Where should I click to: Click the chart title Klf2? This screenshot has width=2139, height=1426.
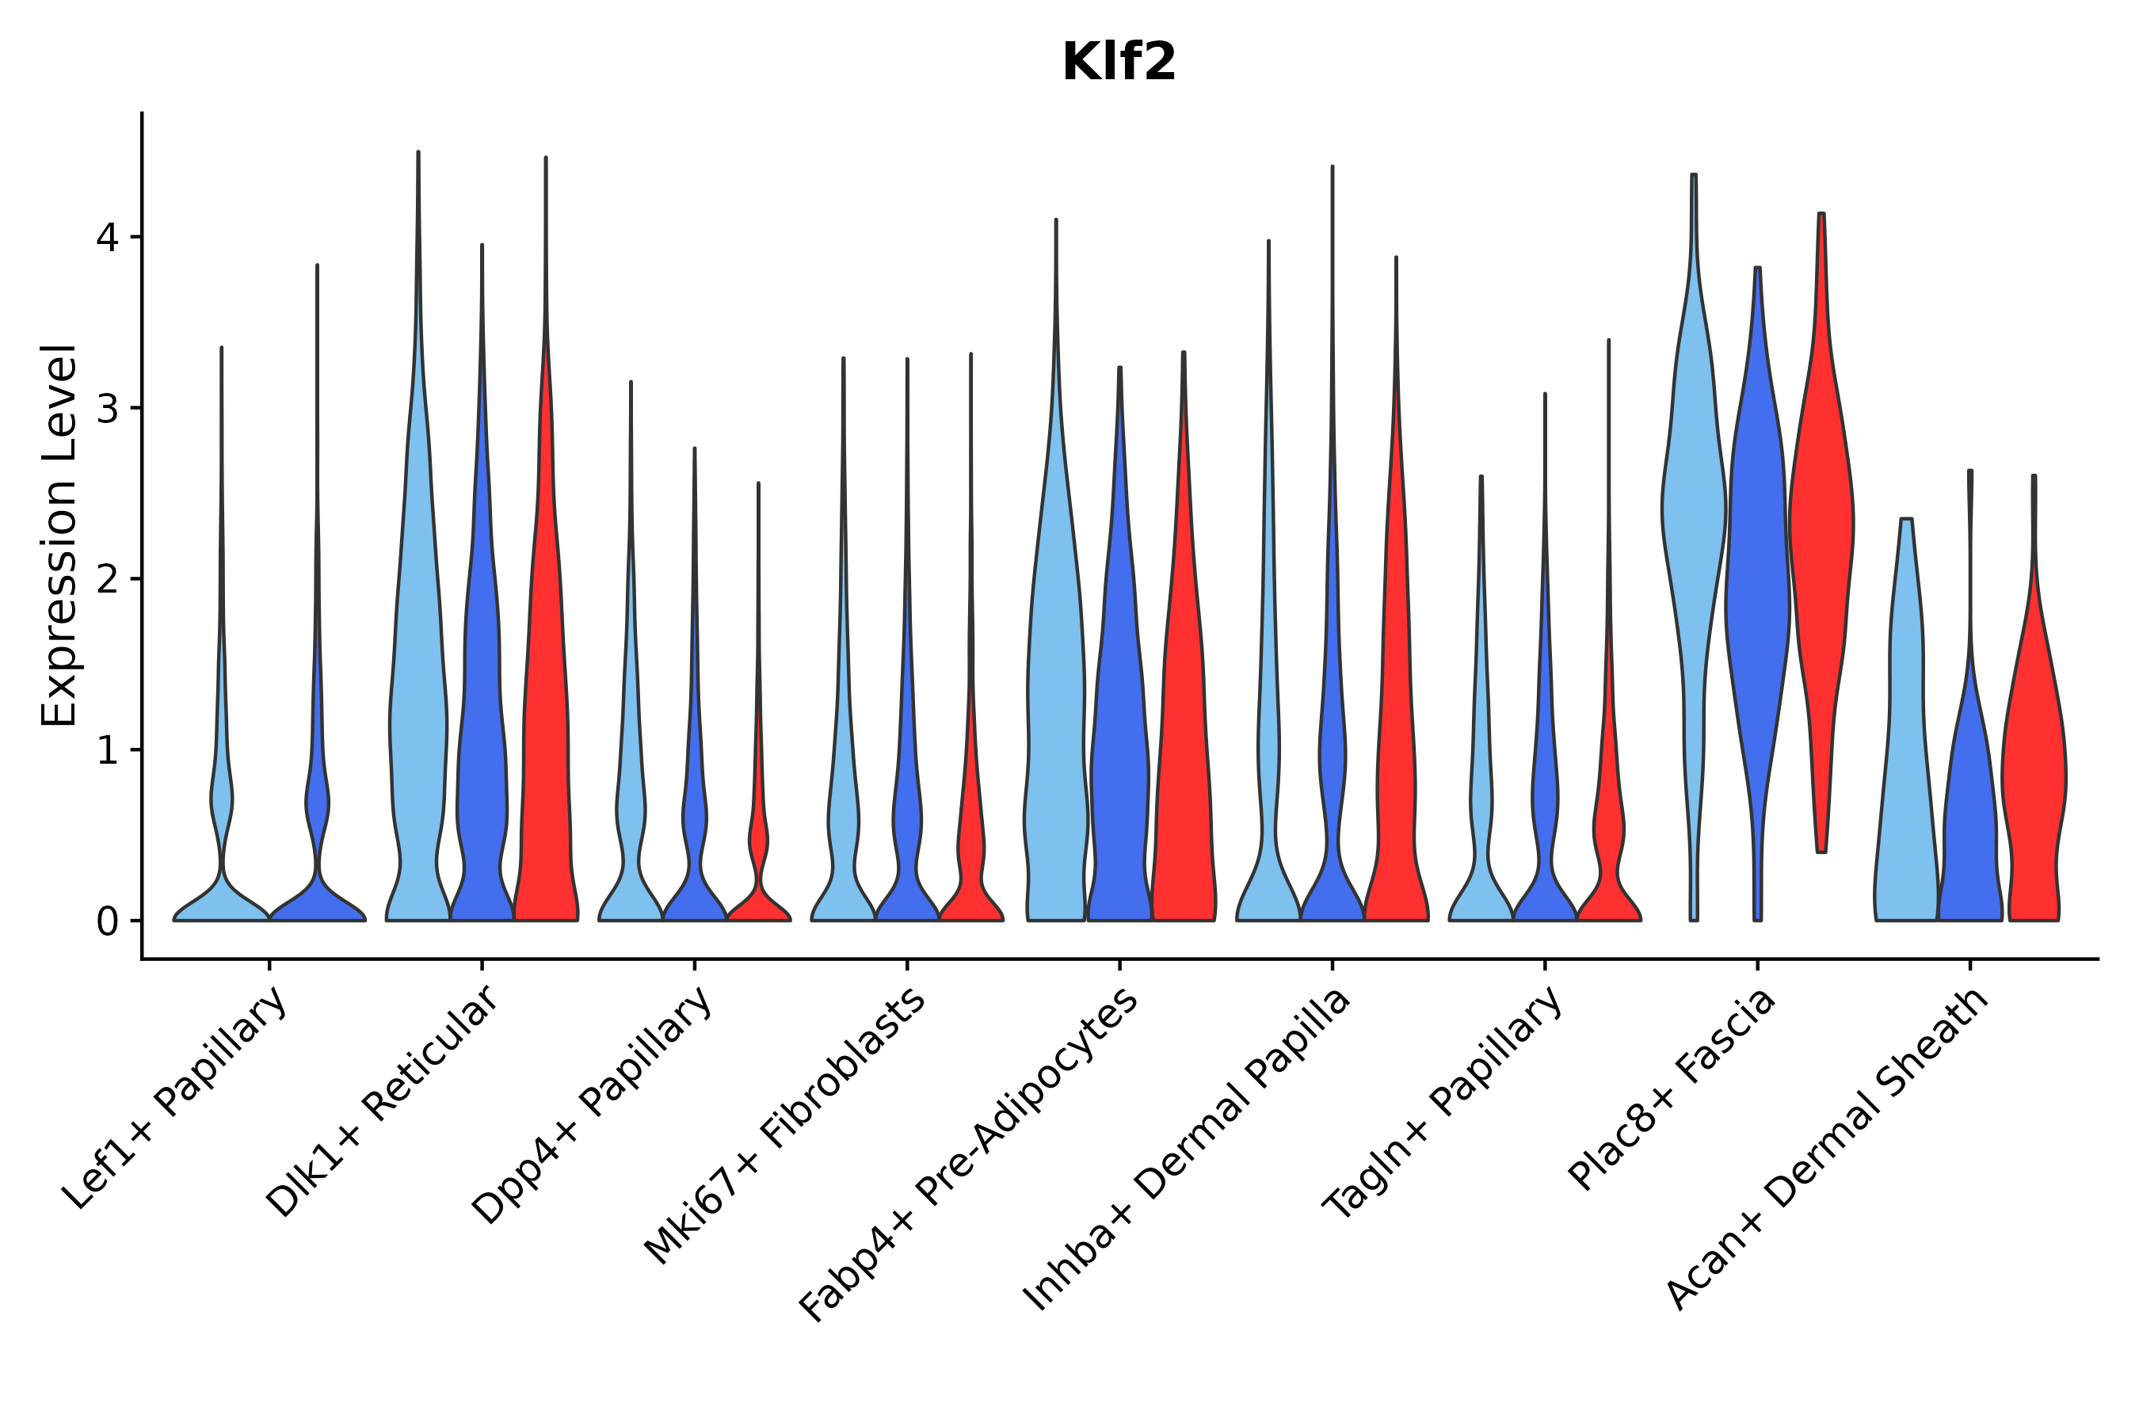[x=1119, y=63]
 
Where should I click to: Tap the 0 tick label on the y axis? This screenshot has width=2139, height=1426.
[x=107, y=921]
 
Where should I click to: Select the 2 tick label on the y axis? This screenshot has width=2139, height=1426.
[x=107, y=579]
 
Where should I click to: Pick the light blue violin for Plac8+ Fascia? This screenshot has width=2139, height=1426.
[x=1694, y=509]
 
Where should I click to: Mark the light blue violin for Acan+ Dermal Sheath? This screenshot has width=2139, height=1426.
[x=1906, y=727]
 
